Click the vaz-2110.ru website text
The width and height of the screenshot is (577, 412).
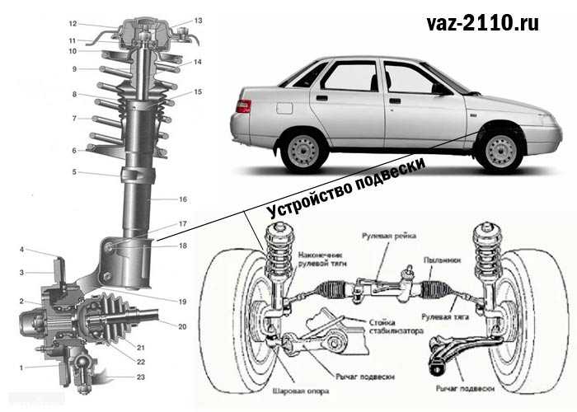click(483, 23)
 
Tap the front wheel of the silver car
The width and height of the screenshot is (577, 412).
click(501, 150)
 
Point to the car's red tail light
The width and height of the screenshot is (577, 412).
click(242, 105)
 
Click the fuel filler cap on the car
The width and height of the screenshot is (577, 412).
click(284, 108)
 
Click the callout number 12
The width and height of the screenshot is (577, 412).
click(73, 23)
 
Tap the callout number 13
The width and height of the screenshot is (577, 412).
click(198, 20)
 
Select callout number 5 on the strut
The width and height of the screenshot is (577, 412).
click(73, 172)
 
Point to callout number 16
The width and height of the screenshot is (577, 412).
click(183, 199)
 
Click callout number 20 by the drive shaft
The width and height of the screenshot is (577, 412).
click(182, 326)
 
